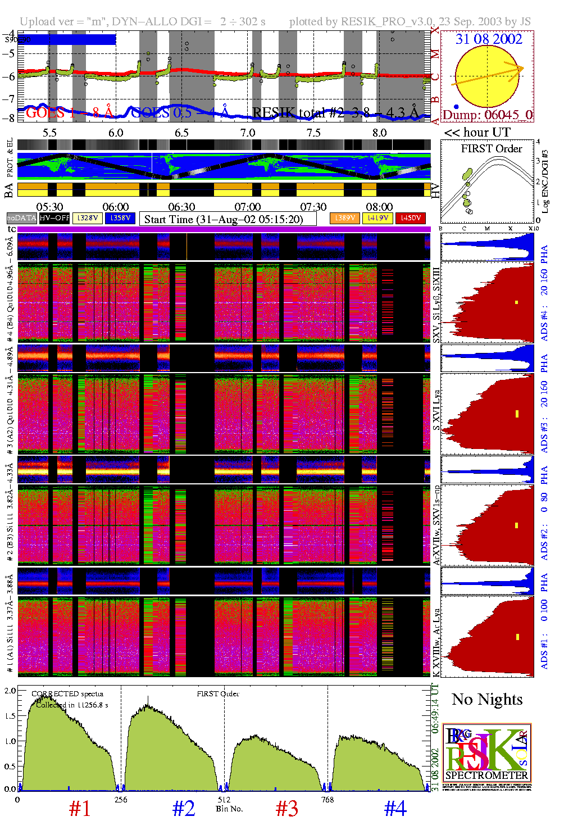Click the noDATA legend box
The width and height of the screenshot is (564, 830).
point(22,218)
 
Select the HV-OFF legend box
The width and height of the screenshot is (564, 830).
point(54,218)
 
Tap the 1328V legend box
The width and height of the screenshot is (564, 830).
point(88,218)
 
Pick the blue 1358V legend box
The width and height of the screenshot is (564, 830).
point(120,218)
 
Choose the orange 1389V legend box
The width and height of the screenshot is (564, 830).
point(345,218)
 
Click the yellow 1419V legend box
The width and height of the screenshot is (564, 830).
point(377,218)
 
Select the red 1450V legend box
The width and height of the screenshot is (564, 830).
point(411,218)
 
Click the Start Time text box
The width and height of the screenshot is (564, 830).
point(228,219)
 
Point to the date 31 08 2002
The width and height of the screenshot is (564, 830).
point(489,39)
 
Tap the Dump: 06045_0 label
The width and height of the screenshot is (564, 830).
point(487,115)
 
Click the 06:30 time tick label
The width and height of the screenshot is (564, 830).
point(181,207)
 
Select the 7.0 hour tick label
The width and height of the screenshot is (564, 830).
point(247,133)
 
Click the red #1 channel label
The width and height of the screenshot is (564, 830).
point(80,809)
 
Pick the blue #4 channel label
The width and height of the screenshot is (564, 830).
point(395,809)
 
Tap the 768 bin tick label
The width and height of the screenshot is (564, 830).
point(328,800)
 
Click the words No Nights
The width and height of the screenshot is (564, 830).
point(487,700)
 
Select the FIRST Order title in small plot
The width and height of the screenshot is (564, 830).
point(492,149)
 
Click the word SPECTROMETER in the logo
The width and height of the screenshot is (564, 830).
point(486,775)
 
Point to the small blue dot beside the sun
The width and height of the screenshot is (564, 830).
point(456,106)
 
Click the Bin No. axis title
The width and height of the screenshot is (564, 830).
point(229,809)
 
